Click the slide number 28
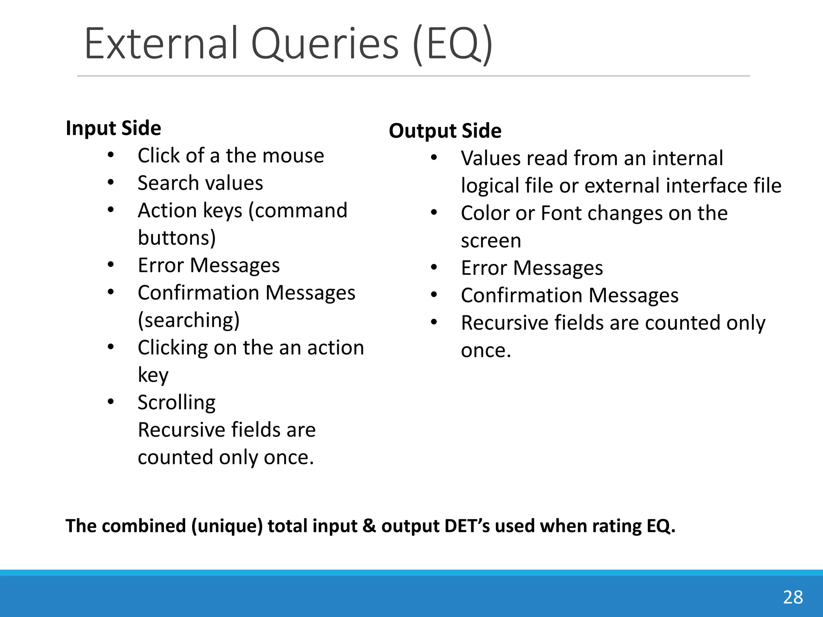pos(793,597)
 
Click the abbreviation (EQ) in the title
pos(453,44)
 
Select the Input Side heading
pos(113,128)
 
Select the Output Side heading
pos(445,131)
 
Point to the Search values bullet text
pos(200,183)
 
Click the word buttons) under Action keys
pos(177,238)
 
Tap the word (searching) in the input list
pos(188,321)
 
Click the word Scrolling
pos(176,402)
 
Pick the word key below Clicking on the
pos(153,375)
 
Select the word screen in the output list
pos(491,241)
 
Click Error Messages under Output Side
pos(532,268)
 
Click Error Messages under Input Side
pos(209,266)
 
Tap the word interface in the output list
pos(708,186)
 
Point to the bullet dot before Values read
pos(434,158)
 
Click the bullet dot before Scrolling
pos(111,402)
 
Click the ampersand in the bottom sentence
pos(369,526)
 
